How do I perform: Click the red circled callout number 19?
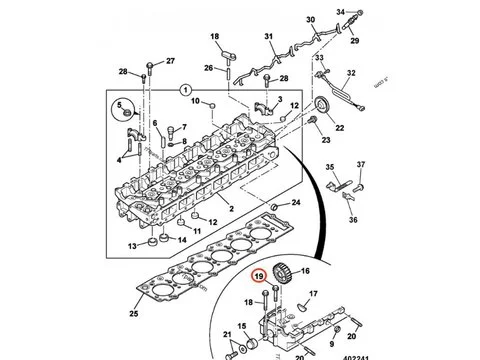coord(259,277)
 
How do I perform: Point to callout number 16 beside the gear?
coord(305,271)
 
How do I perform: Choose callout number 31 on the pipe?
coord(268,39)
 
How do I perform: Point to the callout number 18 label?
coord(213,37)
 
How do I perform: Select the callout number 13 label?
coord(131,246)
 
